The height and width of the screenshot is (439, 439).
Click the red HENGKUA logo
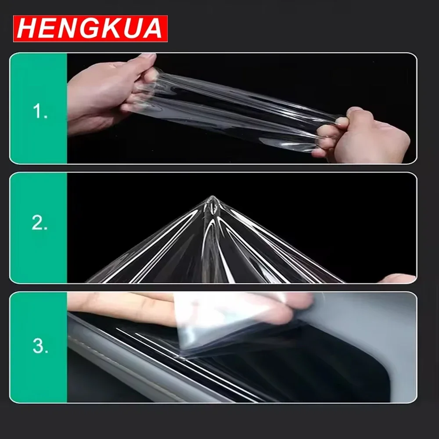[90, 29]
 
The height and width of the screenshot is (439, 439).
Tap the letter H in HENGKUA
[27, 29]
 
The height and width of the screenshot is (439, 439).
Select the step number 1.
[40, 111]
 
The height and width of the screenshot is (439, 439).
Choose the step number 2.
[40, 223]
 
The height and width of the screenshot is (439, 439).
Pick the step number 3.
[40, 345]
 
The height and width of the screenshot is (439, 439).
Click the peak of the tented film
[212, 198]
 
